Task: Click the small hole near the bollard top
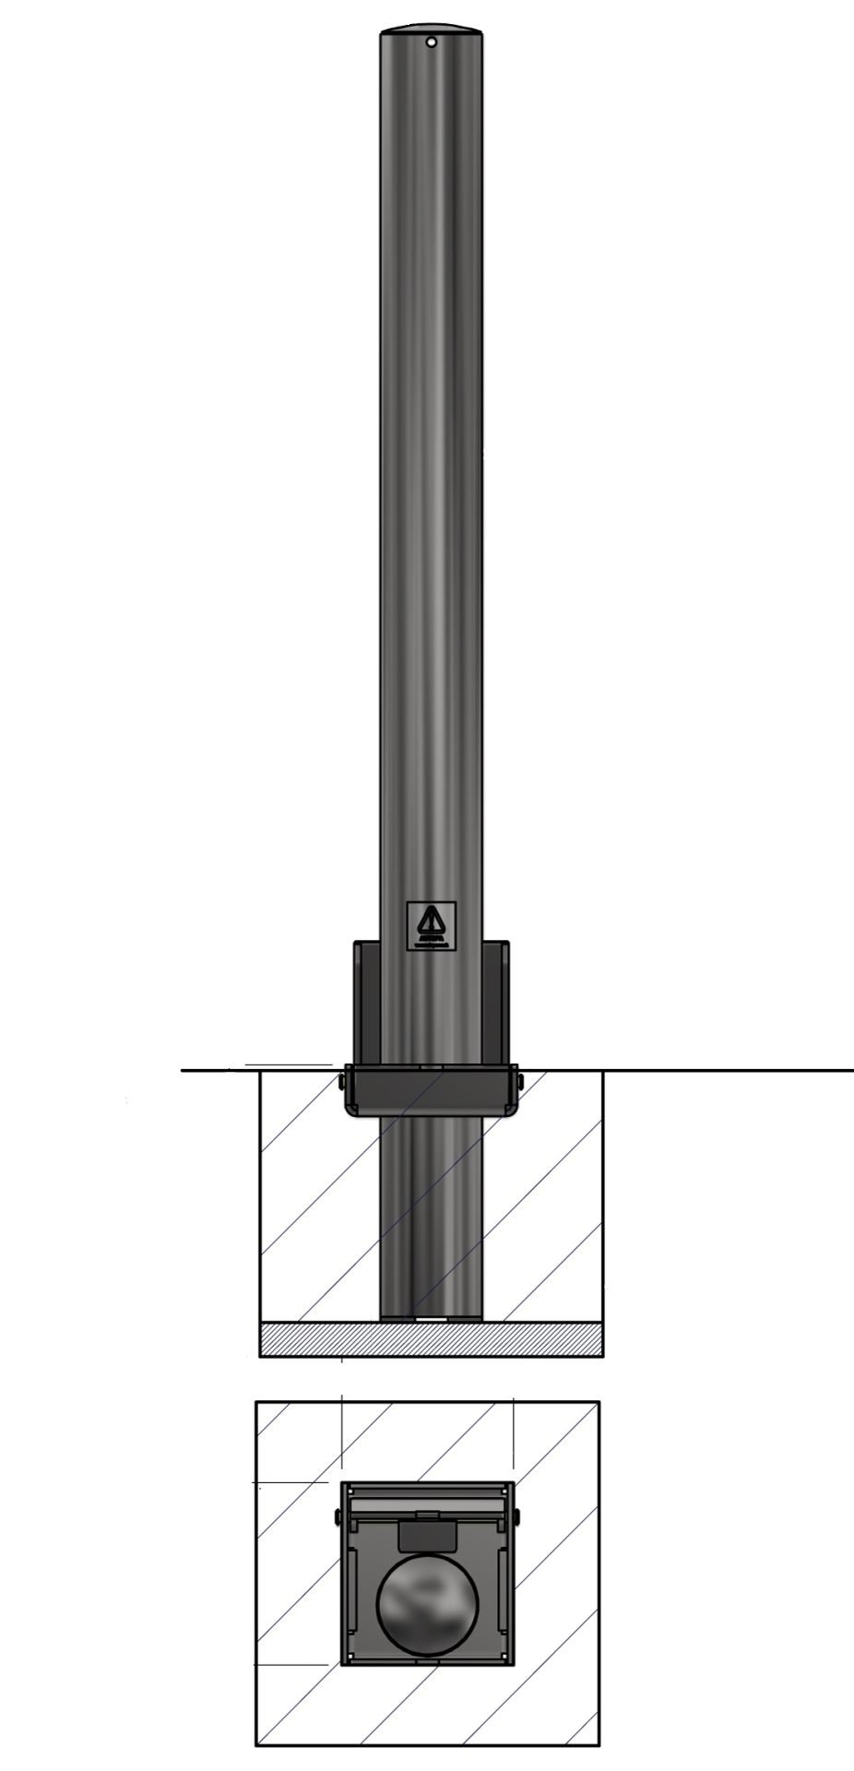point(431,42)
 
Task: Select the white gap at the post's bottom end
point(431,1319)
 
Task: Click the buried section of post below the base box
point(431,1218)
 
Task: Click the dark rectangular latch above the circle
point(427,1536)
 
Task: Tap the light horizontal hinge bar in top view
point(427,1504)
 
